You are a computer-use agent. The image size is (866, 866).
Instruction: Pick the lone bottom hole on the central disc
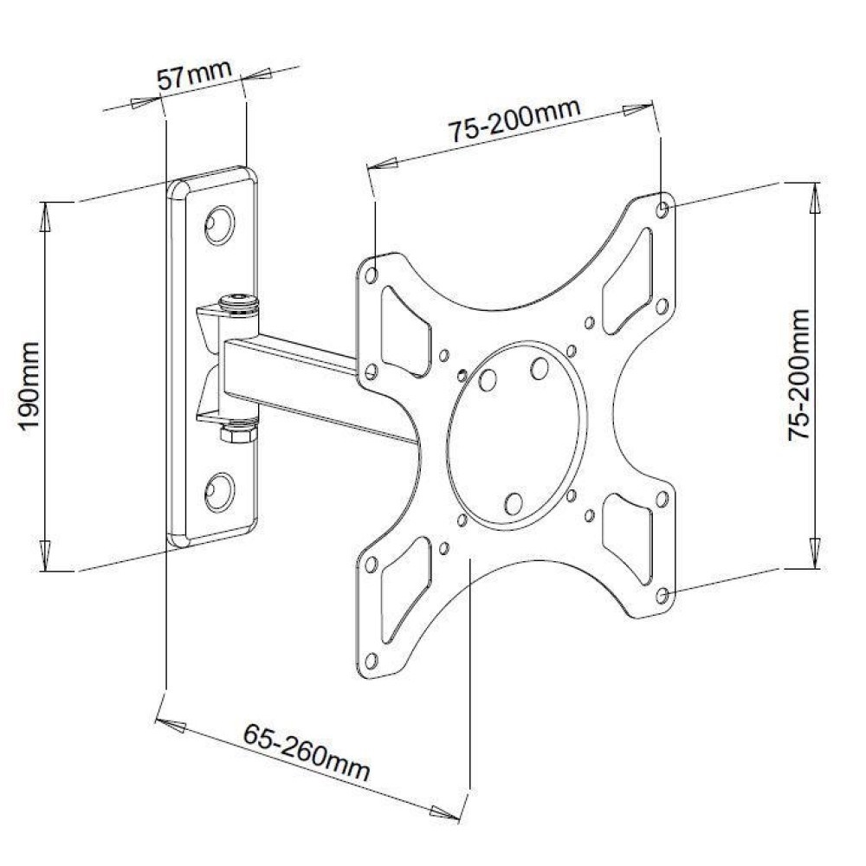pyautogui.click(x=513, y=503)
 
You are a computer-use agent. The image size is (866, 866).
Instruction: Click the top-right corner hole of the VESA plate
pyautogui.click(x=662, y=209)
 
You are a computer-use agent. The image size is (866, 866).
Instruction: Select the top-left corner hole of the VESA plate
pyautogui.click(x=372, y=274)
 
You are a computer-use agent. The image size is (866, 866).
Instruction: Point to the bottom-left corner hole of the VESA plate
pyautogui.click(x=372, y=661)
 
